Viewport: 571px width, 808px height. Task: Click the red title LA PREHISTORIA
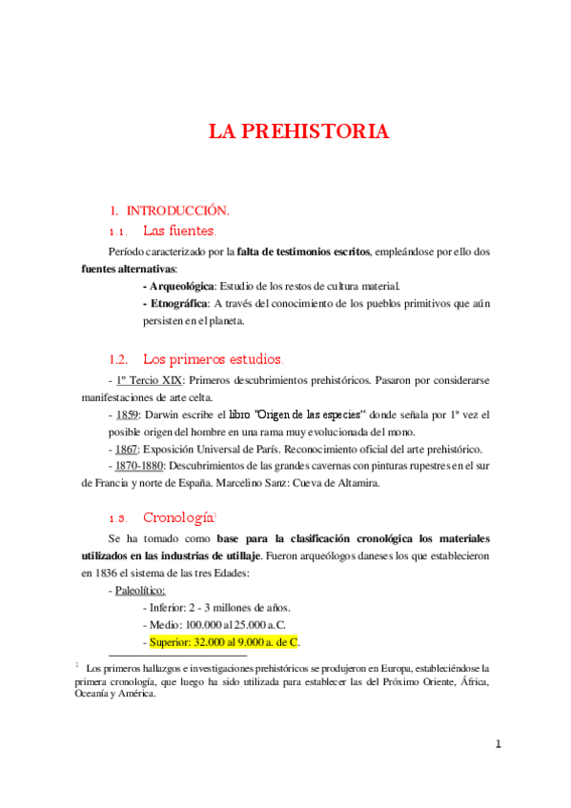click(298, 131)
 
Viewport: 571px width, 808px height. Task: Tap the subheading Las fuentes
click(179, 231)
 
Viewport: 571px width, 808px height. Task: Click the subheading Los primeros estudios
click(212, 359)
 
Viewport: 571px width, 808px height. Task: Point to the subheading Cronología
click(178, 517)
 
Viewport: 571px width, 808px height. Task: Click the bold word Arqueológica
click(179, 286)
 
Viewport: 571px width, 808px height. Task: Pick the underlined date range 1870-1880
click(140, 466)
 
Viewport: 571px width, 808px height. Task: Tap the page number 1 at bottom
click(499, 744)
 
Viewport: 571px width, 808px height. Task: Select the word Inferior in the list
click(169, 607)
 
